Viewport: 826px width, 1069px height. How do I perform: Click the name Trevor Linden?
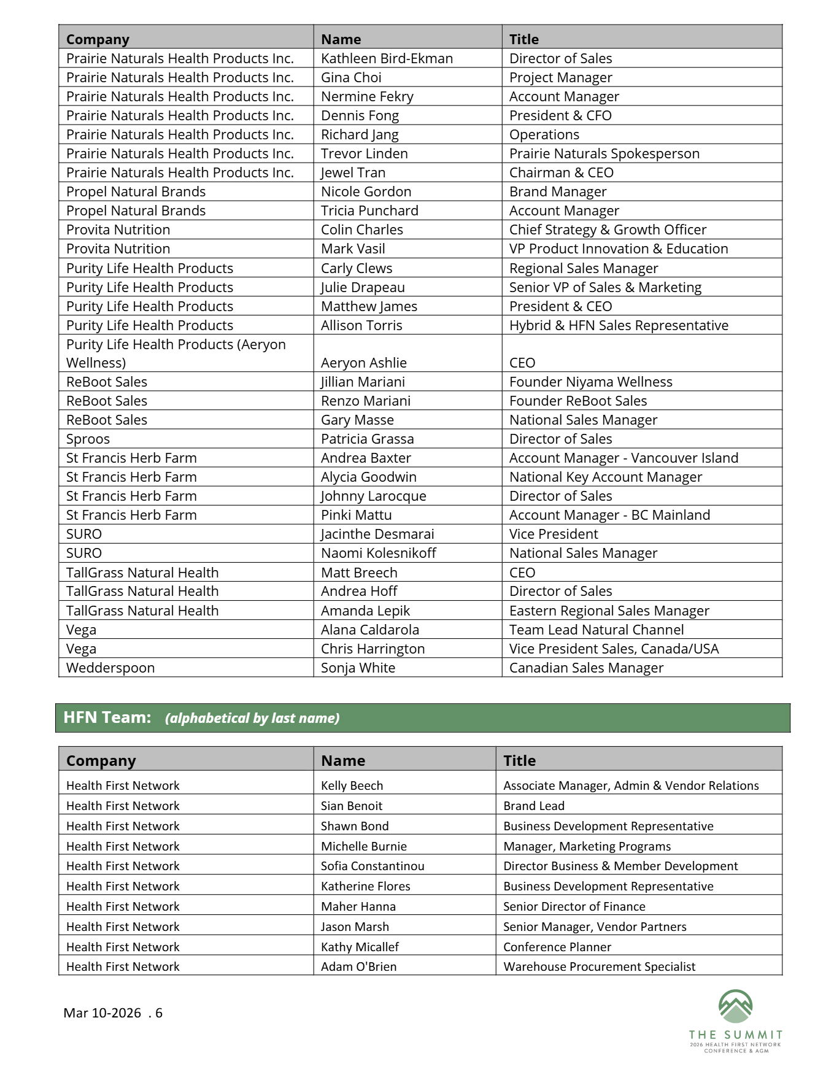point(364,153)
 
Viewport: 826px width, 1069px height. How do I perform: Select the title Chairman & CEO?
point(561,172)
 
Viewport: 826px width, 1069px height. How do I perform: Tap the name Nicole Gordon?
point(366,191)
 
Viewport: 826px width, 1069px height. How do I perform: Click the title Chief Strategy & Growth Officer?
point(608,230)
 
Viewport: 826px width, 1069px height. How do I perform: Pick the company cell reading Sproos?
point(88,439)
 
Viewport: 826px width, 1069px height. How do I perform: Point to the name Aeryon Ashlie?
point(363,363)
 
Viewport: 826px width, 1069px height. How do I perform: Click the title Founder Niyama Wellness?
point(590,382)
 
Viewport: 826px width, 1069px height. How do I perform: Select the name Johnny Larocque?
point(373,496)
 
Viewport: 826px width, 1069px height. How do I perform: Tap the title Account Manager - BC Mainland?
point(609,515)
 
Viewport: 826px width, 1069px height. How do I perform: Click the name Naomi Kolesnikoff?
point(378,553)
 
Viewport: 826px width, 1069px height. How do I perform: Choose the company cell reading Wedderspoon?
point(110,668)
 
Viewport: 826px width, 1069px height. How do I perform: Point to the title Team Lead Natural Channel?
point(596,630)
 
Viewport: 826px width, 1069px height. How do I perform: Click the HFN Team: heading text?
point(107,717)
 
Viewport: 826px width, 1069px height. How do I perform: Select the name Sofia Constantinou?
point(372,866)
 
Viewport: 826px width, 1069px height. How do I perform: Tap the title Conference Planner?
point(557,947)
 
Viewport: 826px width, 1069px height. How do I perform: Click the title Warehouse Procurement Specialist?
point(599,967)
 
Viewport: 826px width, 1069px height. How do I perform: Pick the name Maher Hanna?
point(358,906)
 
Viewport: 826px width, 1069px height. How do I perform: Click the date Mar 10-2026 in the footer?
point(102,1013)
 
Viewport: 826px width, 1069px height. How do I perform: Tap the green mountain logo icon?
point(735,1007)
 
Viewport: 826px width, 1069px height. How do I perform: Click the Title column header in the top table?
point(523,39)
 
